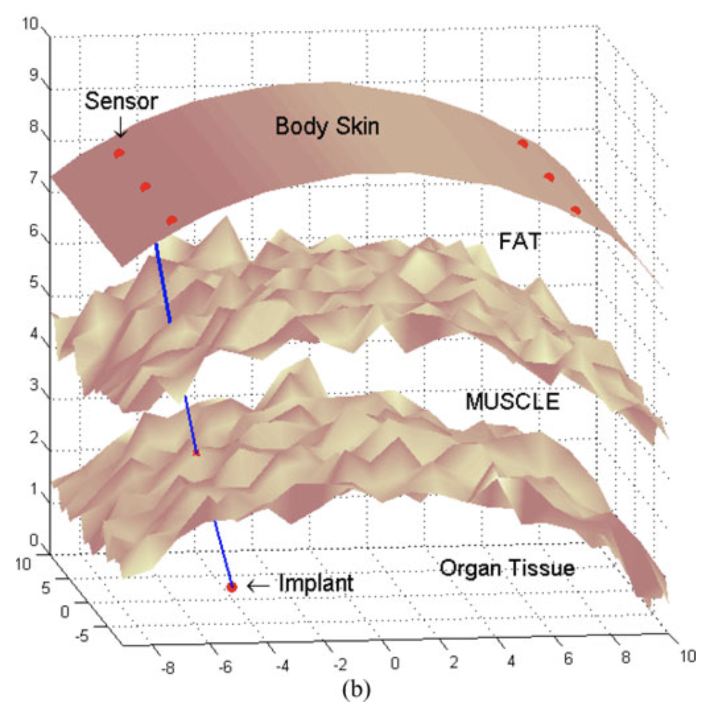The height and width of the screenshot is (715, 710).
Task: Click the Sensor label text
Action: pyautogui.click(x=121, y=101)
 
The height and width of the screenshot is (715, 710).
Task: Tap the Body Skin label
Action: pyautogui.click(x=327, y=127)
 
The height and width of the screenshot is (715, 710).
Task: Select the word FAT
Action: pyautogui.click(x=520, y=241)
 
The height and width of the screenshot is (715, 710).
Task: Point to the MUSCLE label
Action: pyautogui.click(x=513, y=401)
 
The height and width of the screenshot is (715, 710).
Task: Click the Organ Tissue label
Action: pyautogui.click(x=507, y=568)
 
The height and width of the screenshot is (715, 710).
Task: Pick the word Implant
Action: pyautogui.click(x=316, y=584)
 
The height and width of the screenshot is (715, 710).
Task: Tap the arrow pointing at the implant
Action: pyautogui.click(x=258, y=586)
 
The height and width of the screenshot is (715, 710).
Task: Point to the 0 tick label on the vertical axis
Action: pyautogui.click(x=34, y=541)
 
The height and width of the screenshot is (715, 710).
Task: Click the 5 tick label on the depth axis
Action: pyautogui.click(x=46, y=588)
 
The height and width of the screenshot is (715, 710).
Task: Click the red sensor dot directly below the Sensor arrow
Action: pyautogui.click(x=119, y=153)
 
